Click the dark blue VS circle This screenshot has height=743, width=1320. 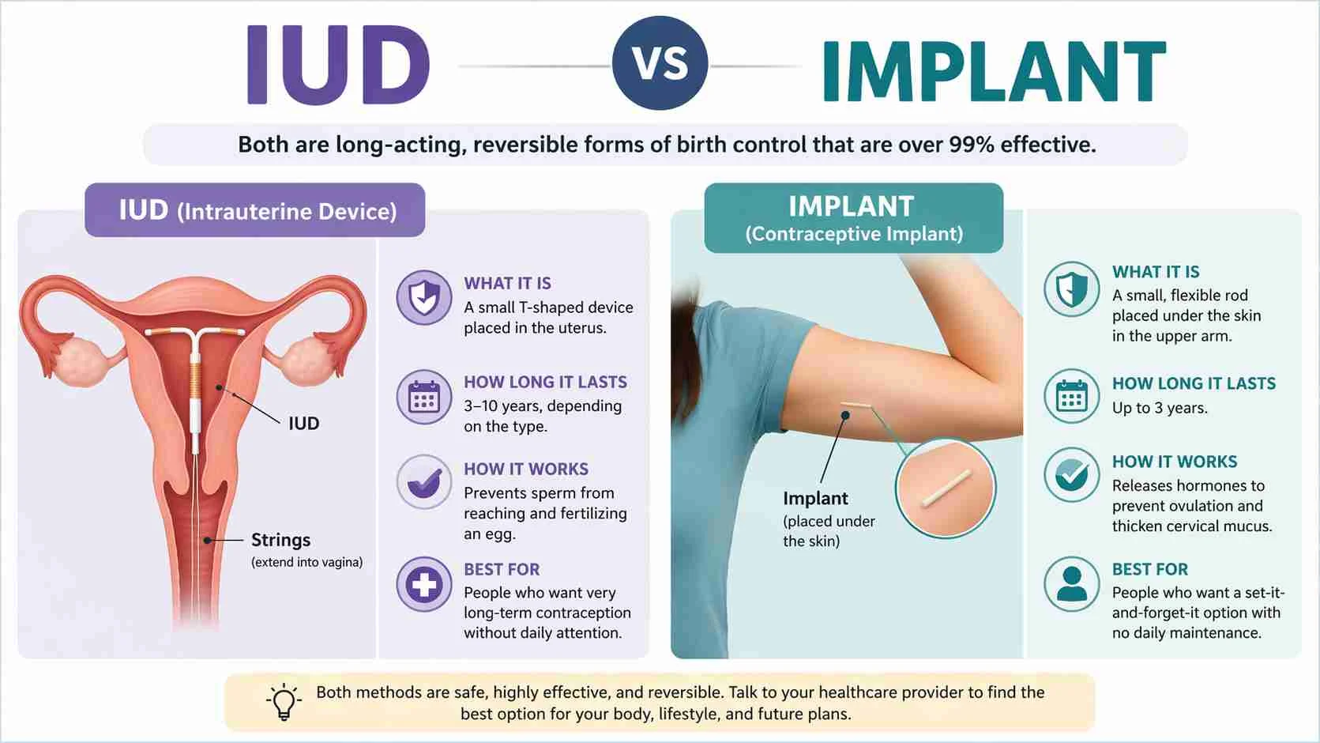coord(660,63)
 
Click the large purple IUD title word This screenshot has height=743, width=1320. coord(338,65)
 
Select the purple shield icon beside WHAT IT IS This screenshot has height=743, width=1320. coord(424,298)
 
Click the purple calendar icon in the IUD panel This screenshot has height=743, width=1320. coord(424,397)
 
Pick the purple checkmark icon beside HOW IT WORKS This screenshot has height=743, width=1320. coord(424,481)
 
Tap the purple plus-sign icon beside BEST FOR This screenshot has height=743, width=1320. coord(424,585)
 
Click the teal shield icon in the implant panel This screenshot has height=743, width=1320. coord(1071,289)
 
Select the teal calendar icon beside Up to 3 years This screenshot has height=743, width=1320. coord(1071,396)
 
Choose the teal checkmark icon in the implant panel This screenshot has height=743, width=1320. coord(1071,475)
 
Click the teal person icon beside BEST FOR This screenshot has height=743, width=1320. coord(1071,584)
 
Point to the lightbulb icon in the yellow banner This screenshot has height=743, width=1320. coord(284,701)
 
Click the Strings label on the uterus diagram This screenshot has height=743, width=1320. coord(280,540)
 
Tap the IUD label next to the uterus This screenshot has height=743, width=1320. coord(303,424)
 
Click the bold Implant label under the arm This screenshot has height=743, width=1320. coord(815,498)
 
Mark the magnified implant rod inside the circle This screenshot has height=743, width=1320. coord(946,488)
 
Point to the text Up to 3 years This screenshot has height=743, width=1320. coord(1159,408)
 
